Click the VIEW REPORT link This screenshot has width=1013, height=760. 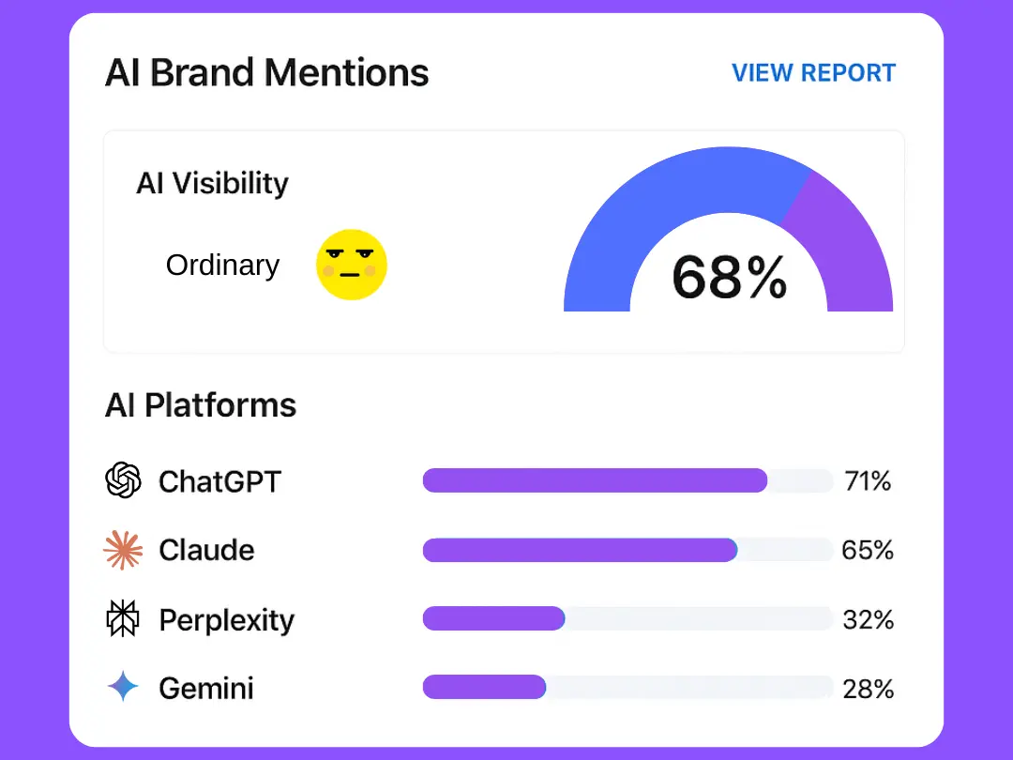[813, 73]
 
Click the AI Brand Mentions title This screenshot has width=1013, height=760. [266, 72]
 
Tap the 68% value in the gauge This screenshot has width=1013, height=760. [730, 278]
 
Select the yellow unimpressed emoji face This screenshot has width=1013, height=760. [352, 265]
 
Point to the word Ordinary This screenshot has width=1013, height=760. [222, 266]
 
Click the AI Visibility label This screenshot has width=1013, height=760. [212, 183]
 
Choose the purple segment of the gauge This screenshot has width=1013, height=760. [844, 244]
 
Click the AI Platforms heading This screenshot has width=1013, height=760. [201, 405]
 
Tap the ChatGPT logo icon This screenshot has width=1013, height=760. [123, 481]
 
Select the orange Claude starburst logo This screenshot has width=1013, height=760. [123, 550]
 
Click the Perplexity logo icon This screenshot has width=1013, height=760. [123, 619]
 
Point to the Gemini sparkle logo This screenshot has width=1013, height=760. [123, 688]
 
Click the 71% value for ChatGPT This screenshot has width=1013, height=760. [868, 481]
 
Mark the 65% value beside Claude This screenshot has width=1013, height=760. [868, 550]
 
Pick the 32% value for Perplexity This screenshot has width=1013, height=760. [868, 619]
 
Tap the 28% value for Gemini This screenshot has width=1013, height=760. [868, 689]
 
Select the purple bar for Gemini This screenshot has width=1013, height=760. [484, 688]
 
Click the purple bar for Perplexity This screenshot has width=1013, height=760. [493, 618]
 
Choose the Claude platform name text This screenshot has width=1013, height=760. [206, 550]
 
